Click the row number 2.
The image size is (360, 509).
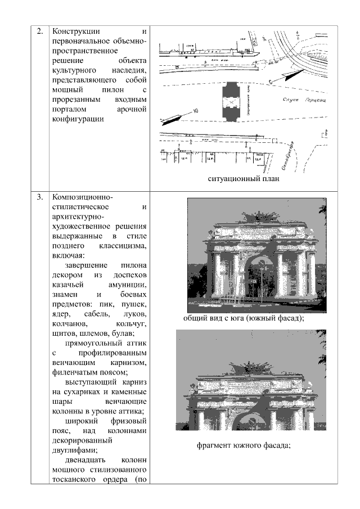[40, 31]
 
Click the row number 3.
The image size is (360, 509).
[40, 197]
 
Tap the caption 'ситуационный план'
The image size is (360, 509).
[243, 179]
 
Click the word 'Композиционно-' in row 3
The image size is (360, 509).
[82, 197]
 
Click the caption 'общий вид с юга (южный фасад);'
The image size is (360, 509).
[244, 318]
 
